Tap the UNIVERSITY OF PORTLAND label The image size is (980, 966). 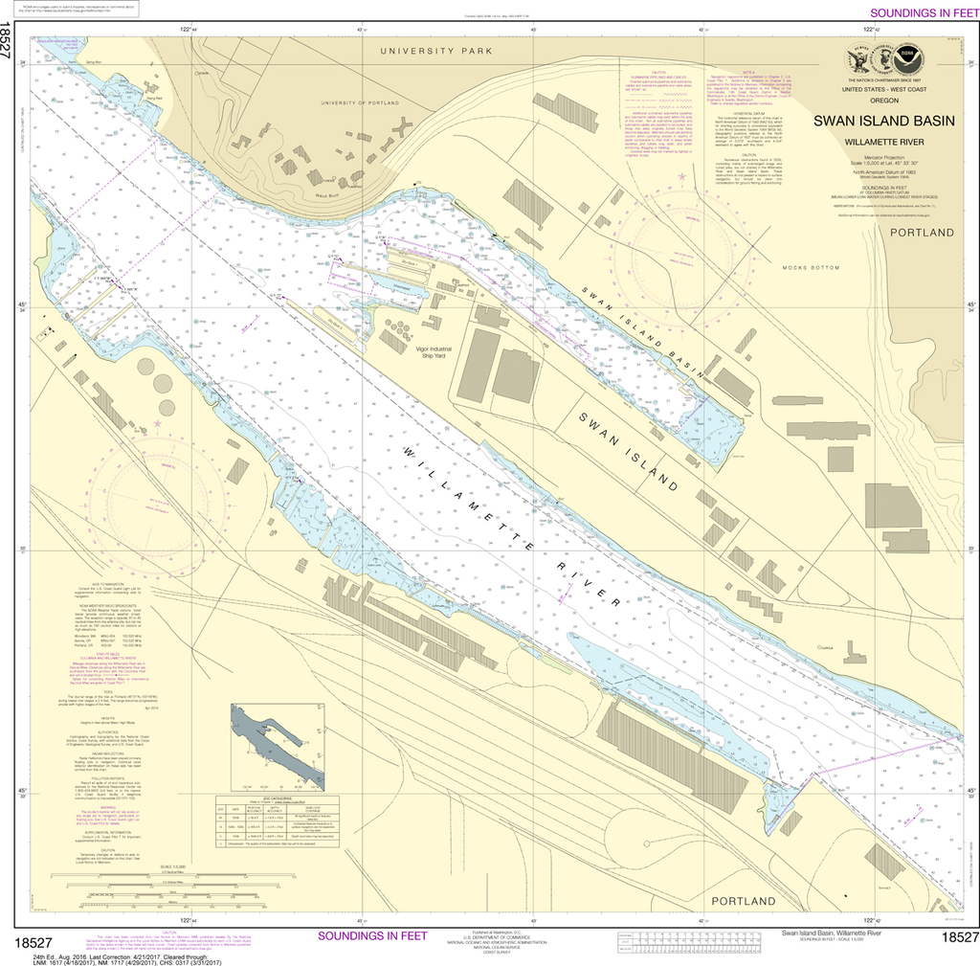(359, 102)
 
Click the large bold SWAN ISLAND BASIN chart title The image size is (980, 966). (883, 122)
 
